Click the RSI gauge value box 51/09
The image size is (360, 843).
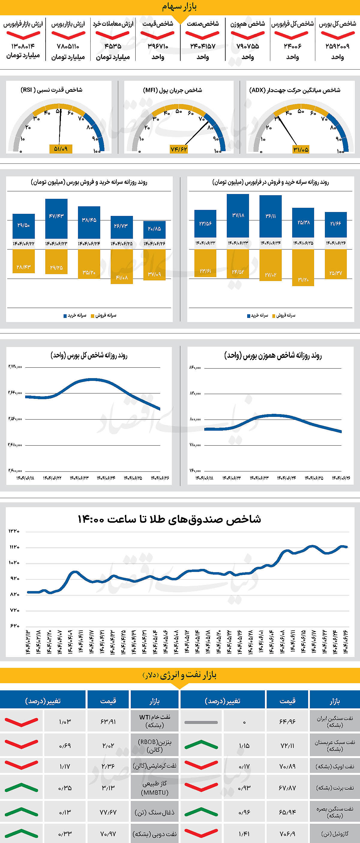(x=61, y=149)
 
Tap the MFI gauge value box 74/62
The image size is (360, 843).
(x=179, y=149)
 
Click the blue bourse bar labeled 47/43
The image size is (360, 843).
(x=56, y=218)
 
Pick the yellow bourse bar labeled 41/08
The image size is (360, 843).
(x=122, y=266)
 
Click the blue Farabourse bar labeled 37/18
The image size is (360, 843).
(x=238, y=215)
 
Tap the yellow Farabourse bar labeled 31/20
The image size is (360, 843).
(x=303, y=268)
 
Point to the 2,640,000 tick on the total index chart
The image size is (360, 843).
(x=15, y=393)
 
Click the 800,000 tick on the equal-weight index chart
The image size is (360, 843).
(x=195, y=419)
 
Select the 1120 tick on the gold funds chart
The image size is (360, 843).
(x=14, y=547)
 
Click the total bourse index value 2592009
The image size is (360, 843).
(x=337, y=46)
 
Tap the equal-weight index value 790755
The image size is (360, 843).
(x=248, y=46)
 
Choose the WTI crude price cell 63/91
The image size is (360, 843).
(x=108, y=722)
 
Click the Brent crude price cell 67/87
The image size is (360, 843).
(x=287, y=788)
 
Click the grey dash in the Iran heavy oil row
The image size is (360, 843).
(x=201, y=722)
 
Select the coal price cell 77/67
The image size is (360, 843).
(x=108, y=812)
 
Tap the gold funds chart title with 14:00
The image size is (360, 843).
(x=169, y=520)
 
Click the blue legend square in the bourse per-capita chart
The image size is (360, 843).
(x=65, y=316)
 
